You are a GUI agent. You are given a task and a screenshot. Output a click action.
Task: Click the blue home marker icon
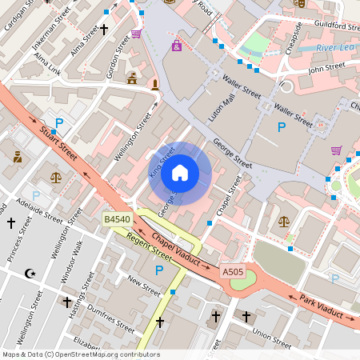[x=180, y=173]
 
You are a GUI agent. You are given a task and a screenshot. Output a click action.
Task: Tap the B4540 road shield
[x=117, y=218]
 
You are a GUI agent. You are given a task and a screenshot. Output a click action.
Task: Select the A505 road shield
[x=232, y=272]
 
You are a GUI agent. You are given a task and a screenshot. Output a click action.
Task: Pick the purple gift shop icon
[x=176, y=46]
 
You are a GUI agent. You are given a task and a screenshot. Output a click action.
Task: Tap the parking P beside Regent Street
[x=158, y=270]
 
